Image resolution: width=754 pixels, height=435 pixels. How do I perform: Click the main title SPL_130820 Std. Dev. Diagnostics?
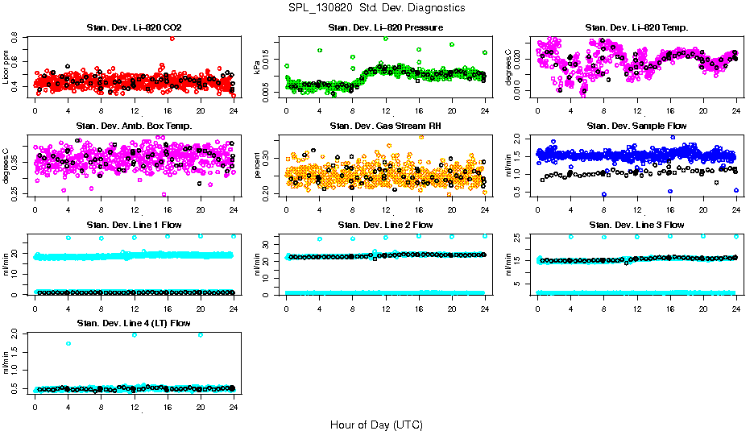(x=376, y=7)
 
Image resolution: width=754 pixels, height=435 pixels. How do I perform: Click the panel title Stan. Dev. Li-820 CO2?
(x=134, y=28)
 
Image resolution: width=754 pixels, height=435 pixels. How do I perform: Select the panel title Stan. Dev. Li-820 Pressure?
(x=385, y=28)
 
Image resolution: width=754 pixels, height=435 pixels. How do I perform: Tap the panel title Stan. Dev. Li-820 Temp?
(x=636, y=28)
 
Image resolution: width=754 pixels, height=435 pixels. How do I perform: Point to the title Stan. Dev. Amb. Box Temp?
(x=134, y=126)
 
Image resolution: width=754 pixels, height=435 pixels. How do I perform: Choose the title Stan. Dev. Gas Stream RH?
(x=385, y=126)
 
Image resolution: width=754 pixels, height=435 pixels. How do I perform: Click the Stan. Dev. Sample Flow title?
(x=636, y=126)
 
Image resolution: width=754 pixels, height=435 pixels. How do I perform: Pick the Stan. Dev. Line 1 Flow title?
(x=134, y=225)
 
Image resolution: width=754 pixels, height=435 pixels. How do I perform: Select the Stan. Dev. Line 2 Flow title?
(x=385, y=225)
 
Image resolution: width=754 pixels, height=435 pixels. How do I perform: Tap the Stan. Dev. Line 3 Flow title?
(x=636, y=225)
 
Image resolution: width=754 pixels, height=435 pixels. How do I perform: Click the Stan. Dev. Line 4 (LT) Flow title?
(x=134, y=323)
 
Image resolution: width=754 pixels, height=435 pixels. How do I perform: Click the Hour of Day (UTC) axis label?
(x=376, y=424)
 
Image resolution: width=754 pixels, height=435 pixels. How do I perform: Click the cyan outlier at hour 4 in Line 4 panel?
(x=68, y=344)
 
